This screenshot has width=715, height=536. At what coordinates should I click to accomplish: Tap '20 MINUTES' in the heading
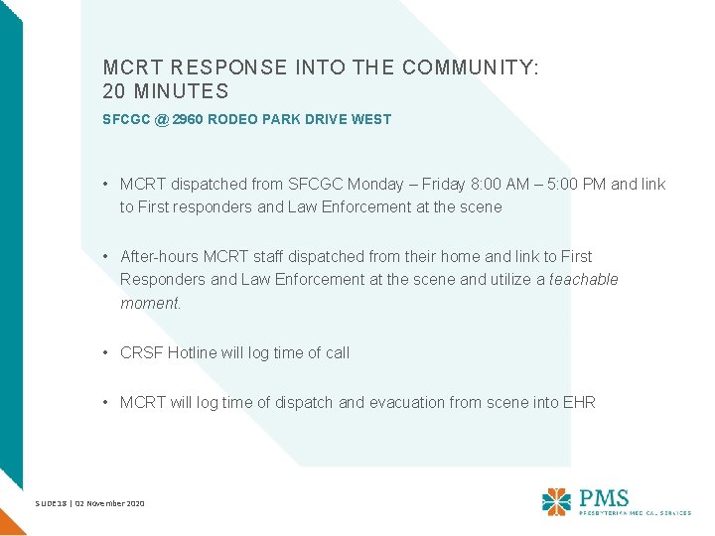(x=166, y=92)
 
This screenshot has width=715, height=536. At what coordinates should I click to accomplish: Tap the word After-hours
(x=159, y=256)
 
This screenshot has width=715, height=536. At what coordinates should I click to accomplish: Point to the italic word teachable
(x=584, y=280)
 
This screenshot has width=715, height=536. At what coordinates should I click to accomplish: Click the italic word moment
(x=150, y=304)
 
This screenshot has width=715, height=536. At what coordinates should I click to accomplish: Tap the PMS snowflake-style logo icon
(x=557, y=501)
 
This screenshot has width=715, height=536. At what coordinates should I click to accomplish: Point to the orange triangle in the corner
(x=9, y=522)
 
